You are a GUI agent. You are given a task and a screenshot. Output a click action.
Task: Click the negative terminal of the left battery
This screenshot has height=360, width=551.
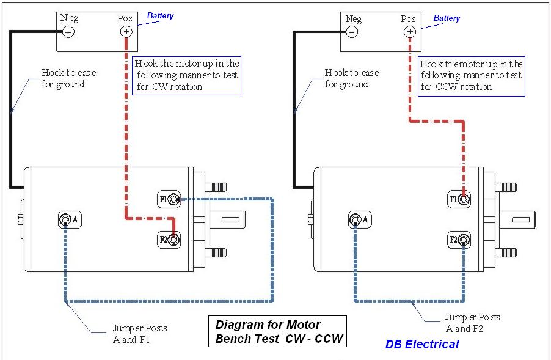[68, 31]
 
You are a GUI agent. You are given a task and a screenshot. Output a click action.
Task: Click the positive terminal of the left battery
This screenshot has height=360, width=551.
[126, 31]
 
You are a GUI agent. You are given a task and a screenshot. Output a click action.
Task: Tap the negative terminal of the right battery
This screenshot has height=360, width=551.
[352, 31]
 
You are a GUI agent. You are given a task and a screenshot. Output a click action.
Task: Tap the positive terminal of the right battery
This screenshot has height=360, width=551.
[409, 31]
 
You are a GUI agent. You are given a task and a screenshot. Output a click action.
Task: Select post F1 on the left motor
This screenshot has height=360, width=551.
[175, 199]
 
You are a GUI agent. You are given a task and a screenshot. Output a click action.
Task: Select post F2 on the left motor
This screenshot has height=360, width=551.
[175, 240]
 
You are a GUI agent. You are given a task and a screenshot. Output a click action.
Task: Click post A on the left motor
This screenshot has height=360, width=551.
[65, 219]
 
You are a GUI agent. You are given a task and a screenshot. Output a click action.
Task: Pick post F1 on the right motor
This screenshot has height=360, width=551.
[464, 199]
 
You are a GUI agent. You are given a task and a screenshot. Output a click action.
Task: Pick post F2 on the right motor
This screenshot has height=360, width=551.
[464, 240]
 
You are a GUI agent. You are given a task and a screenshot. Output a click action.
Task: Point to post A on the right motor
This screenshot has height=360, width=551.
[354, 219]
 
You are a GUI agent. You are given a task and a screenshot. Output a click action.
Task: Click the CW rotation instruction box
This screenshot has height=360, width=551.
[186, 75]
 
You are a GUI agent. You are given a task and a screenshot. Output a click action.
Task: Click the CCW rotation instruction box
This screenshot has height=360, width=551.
[471, 75]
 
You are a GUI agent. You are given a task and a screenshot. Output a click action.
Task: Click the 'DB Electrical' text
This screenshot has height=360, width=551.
[421, 344]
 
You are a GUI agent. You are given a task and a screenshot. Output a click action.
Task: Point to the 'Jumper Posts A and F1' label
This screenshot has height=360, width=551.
[139, 334]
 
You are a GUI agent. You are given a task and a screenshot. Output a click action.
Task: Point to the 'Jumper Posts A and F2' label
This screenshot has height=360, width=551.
[472, 323]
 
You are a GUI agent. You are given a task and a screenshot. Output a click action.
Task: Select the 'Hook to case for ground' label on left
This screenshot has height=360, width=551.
[68, 78]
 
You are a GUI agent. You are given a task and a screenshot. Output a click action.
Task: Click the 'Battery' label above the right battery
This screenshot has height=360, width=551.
[447, 18]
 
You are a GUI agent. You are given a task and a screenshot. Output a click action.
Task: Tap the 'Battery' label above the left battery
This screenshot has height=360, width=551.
[160, 16]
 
